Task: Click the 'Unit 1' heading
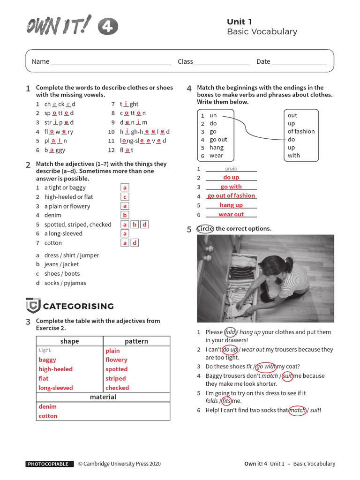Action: tap(239, 22)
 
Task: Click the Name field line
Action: tap(110, 62)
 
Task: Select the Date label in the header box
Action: tap(263, 61)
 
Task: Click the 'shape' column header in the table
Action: tap(69, 341)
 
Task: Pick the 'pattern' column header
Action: tap(136, 341)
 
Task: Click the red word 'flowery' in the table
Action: tap(116, 360)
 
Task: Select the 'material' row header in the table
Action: tap(103, 397)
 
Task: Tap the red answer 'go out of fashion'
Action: tap(231, 196)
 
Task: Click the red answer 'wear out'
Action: tap(231, 214)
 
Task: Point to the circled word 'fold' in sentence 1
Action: tap(230, 332)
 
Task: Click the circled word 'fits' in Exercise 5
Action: tap(226, 401)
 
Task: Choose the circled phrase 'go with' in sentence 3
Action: tap(266, 367)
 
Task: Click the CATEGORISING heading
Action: tap(78, 307)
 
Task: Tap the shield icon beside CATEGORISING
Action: tap(33, 306)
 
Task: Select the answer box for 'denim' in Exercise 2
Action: tap(125, 215)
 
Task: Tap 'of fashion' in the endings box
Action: tap(301, 132)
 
